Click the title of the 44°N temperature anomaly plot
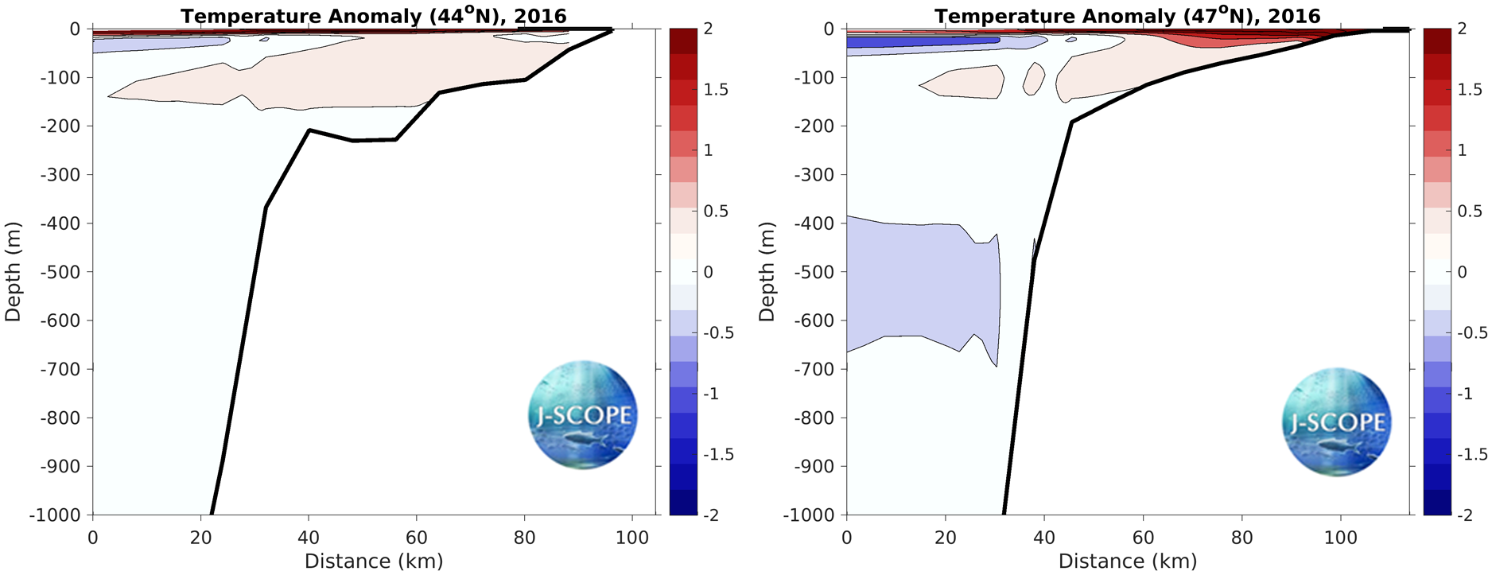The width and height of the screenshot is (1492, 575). pyautogui.click(x=373, y=16)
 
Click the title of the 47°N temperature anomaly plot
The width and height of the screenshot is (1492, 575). pyautogui.click(x=1127, y=16)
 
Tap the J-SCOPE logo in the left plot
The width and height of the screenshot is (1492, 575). pyautogui.click(x=583, y=414)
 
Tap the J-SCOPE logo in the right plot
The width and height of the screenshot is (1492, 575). pyautogui.click(x=1336, y=421)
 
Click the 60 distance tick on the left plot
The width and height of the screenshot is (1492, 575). pyautogui.click(x=416, y=538)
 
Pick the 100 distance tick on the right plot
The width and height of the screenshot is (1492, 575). pyautogui.click(x=1340, y=538)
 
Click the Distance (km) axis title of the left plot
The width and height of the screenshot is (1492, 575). pyautogui.click(x=373, y=561)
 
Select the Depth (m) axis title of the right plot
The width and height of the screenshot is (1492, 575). pyautogui.click(x=767, y=271)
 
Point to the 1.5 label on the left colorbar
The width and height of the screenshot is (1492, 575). pyautogui.click(x=716, y=90)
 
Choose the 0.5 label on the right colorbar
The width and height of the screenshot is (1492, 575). pyautogui.click(x=1470, y=212)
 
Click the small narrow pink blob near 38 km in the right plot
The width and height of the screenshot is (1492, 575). pyautogui.click(x=1033, y=78)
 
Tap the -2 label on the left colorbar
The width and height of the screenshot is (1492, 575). pyautogui.click(x=711, y=515)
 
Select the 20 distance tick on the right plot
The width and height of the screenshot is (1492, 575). pyautogui.click(x=945, y=538)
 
